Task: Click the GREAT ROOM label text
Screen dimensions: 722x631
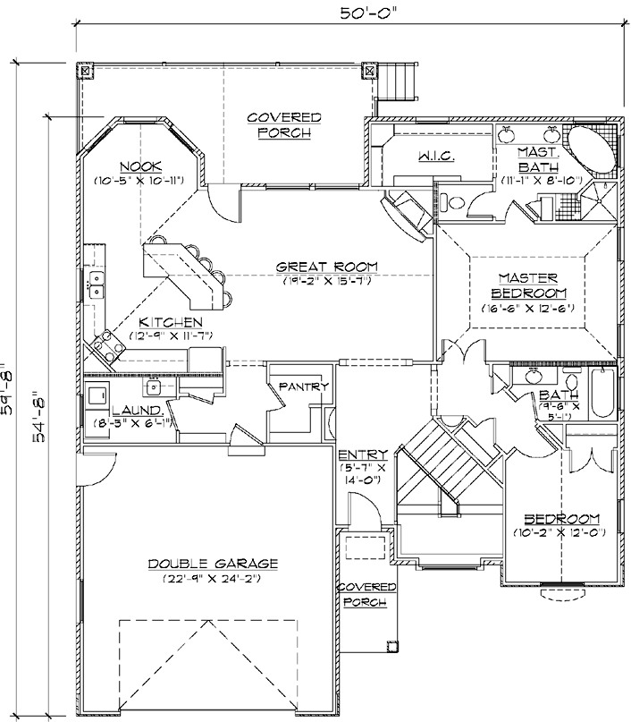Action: pyautogui.click(x=326, y=267)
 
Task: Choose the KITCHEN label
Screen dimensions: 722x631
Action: pyautogui.click(x=170, y=322)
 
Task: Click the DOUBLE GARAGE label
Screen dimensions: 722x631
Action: pyautogui.click(x=214, y=564)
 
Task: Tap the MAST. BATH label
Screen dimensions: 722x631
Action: pyautogui.click(x=539, y=160)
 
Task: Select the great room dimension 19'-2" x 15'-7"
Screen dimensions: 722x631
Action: pyautogui.click(x=325, y=281)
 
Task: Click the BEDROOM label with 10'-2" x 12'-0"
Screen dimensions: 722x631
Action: pyautogui.click(x=561, y=520)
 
